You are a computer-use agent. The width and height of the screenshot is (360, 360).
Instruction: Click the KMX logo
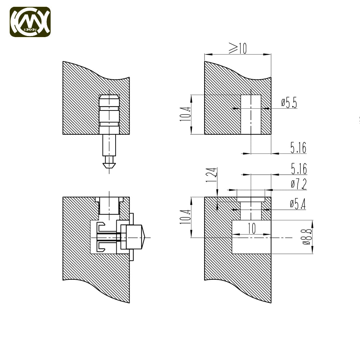click(x=30, y=22)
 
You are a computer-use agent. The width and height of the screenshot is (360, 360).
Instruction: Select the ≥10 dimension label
click(x=238, y=48)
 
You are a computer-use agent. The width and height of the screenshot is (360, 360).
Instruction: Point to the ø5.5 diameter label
click(x=289, y=102)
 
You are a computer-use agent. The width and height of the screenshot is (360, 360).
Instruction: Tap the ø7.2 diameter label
click(x=299, y=184)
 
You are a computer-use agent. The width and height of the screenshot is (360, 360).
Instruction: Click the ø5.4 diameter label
click(x=298, y=204)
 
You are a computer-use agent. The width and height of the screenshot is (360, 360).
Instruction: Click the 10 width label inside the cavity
click(x=252, y=228)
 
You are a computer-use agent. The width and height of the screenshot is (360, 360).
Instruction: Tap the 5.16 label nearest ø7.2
click(x=299, y=169)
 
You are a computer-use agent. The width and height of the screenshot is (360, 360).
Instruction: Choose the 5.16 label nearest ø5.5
click(x=298, y=147)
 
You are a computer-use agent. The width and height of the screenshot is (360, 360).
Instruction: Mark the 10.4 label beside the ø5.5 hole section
click(x=185, y=114)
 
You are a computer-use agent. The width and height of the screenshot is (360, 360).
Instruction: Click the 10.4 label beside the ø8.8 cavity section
click(x=185, y=217)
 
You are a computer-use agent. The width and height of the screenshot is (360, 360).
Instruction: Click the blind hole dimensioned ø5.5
click(x=251, y=114)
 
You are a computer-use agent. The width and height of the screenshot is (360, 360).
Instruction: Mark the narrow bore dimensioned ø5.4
click(x=251, y=211)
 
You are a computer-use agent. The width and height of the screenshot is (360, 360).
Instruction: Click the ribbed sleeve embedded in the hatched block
click(x=109, y=114)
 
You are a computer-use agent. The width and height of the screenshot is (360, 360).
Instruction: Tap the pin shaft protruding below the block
click(x=109, y=145)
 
